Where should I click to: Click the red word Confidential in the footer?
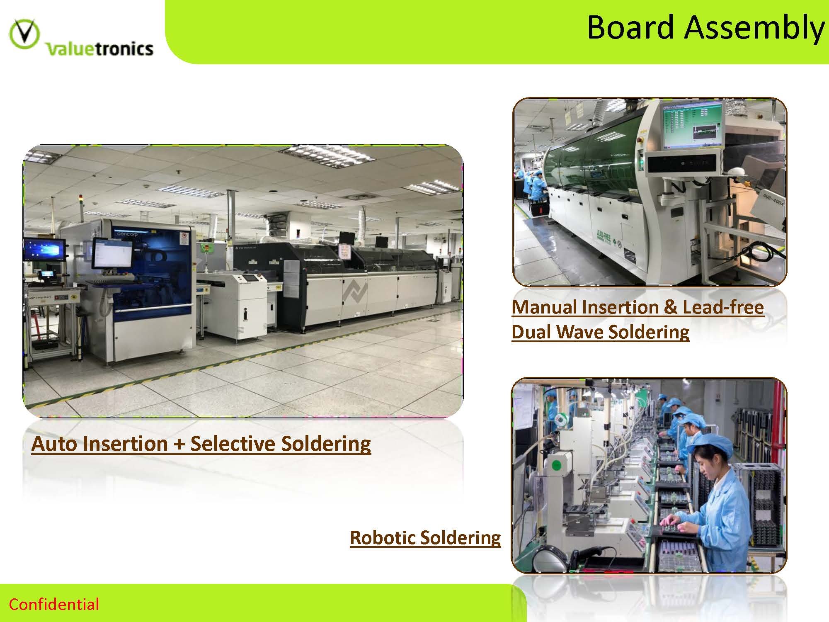point(54,604)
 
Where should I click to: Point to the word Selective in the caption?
point(232,443)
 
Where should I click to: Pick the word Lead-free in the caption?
point(723,307)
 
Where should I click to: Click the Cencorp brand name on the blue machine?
point(128,234)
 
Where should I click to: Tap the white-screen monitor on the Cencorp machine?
point(112,253)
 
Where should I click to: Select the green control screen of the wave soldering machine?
point(692,125)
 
